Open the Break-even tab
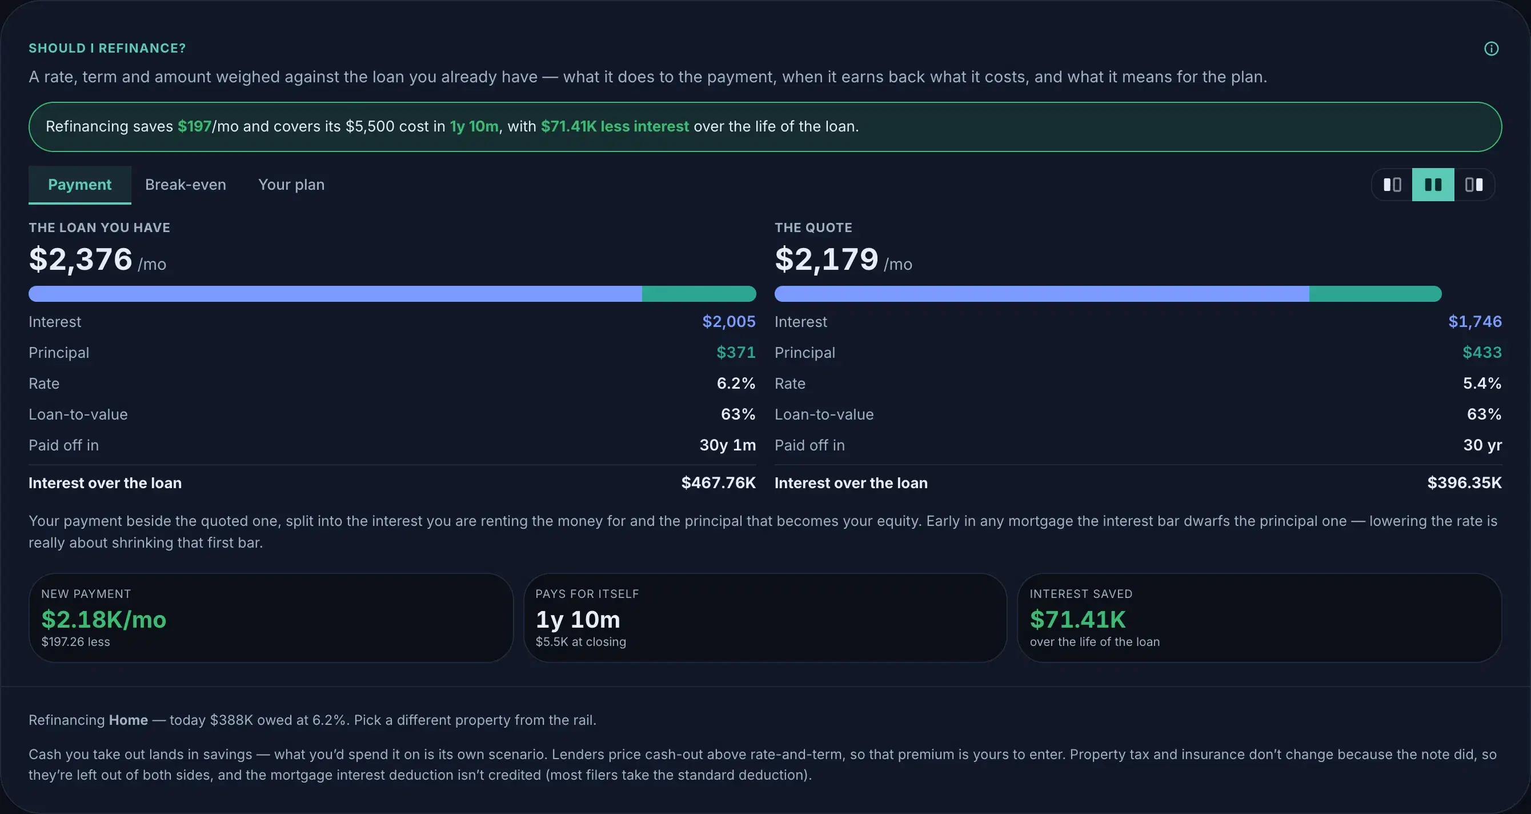point(186,185)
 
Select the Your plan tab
point(291,185)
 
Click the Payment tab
point(79,185)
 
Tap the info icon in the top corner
point(1491,49)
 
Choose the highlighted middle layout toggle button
point(1433,185)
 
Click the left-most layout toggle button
point(1392,185)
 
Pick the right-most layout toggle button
point(1474,185)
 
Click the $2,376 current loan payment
point(81,260)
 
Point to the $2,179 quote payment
point(827,260)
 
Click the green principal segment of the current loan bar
point(699,294)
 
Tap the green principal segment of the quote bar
point(1375,294)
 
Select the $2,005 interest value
point(728,322)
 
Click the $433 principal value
point(1482,353)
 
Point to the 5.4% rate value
point(1482,384)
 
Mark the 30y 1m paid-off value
point(727,445)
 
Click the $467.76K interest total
point(719,483)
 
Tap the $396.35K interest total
point(1464,483)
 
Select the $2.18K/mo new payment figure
point(104,620)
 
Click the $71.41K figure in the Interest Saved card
point(1077,620)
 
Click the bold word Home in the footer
point(129,720)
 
